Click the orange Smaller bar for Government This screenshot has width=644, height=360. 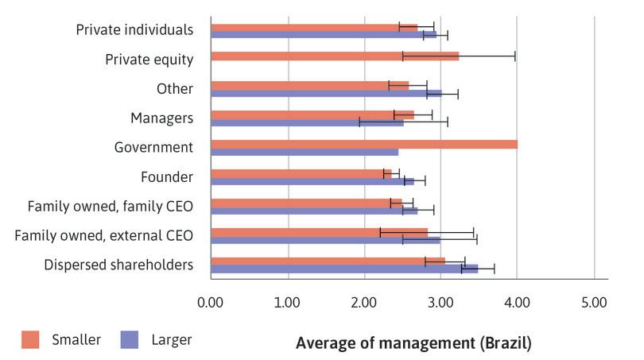(364, 144)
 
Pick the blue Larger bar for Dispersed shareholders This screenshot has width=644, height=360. (344, 269)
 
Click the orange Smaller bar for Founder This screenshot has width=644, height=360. (301, 173)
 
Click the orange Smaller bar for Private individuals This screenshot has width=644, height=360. (314, 27)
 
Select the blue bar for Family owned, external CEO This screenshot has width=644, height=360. (325, 239)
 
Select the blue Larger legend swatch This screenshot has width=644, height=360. (130, 340)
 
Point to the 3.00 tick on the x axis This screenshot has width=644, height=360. (440, 303)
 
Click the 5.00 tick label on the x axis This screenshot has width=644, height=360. (594, 303)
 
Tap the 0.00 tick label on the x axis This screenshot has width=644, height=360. (211, 303)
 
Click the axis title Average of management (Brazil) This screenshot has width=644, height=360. (413, 344)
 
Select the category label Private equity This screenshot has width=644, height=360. (149, 59)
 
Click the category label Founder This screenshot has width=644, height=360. (168, 176)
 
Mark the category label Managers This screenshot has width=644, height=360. (162, 118)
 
